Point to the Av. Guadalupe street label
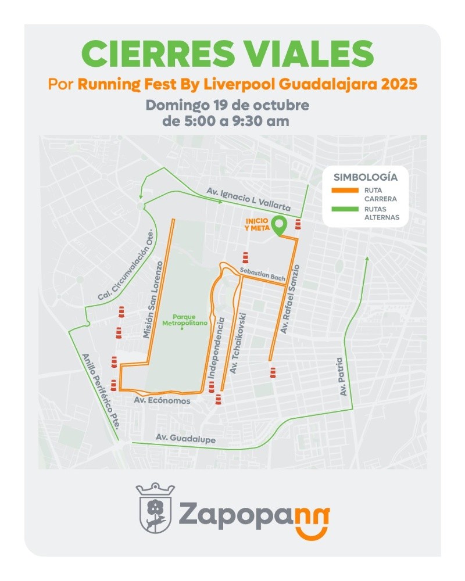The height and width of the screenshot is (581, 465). coord(185,440)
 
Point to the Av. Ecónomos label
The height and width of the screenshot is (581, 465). coord(162,401)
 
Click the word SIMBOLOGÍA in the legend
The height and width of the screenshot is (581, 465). coord(366,177)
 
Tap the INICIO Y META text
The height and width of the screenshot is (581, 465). coord(257,224)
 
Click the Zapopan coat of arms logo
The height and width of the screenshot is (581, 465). coord(155,507)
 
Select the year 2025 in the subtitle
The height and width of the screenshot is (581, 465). coord(399,84)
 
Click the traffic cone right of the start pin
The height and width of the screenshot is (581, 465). coord(298,224)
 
